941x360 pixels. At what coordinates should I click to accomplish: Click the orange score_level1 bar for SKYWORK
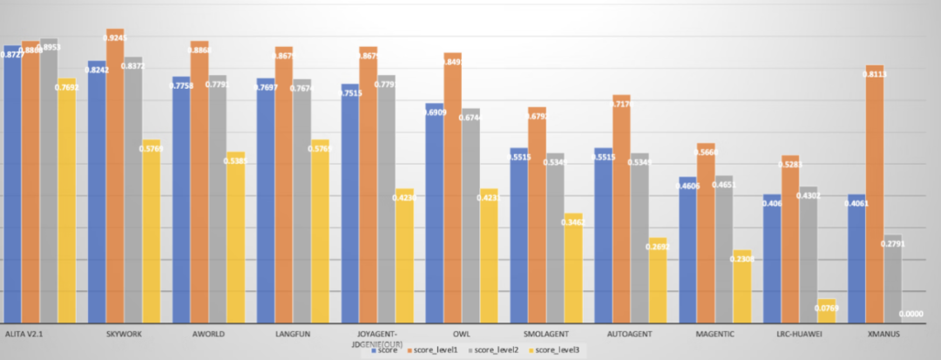pos(114,174)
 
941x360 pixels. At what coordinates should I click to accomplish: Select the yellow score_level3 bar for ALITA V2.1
pos(67,200)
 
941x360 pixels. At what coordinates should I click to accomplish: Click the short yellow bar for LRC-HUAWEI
pos(826,311)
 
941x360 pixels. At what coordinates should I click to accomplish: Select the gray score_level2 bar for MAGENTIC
pos(723,249)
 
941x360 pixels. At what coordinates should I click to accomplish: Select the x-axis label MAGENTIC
pos(714,334)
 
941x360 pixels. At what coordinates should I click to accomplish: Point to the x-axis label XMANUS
pos(883,334)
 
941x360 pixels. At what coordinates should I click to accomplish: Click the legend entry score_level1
pos(438,350)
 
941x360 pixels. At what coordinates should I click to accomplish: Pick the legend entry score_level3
pos(557,350)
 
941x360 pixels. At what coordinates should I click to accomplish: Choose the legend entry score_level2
pos(498,350)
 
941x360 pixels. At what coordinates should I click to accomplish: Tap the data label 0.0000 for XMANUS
pos(911,315)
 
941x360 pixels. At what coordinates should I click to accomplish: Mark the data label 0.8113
pos(876,75)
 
